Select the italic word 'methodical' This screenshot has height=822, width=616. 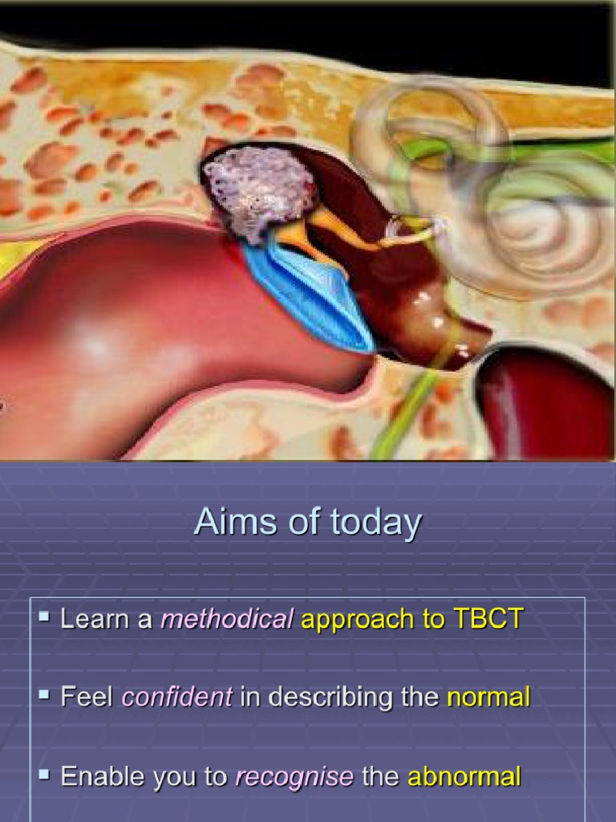[x=227, y=619]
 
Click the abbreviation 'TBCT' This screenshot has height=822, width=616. [x=488, y=619]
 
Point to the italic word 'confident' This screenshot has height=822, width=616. [x=176, y=697]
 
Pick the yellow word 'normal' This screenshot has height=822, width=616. [x=488, y=697]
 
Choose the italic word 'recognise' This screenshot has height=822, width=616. [x=294, y=776]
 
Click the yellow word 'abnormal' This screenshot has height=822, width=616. [x=464, y=776]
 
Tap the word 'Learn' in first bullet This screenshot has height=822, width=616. [x=107, y=619]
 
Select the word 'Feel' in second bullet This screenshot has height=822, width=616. [x=87, y=697]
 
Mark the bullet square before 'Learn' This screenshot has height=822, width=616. [x=44, y=617]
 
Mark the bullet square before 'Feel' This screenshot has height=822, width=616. [x=44, y=695]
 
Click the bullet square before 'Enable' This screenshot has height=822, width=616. [x=44, y=775]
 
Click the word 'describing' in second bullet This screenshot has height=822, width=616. [x=338, y=697]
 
